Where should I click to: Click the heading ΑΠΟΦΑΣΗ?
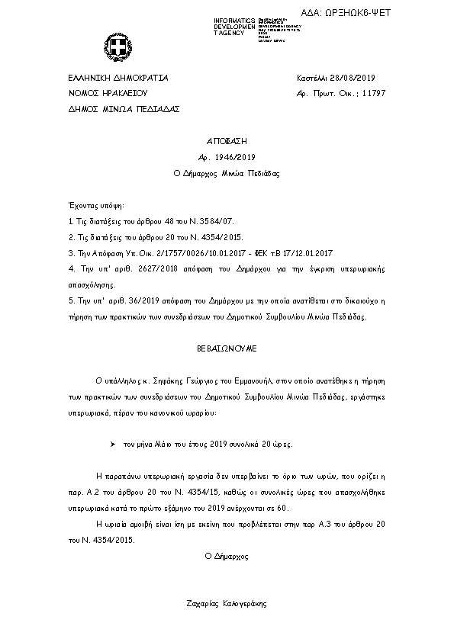tap(227, 142)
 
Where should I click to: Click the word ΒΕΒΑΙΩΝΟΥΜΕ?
tap(227, 348)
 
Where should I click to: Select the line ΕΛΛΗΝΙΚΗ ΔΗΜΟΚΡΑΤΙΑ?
tap(118, 79)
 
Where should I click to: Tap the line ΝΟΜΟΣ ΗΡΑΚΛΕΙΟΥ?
tap(106, 94)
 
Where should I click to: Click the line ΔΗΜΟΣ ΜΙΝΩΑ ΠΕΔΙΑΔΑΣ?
tap(124, 109)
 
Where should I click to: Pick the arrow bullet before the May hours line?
tap(112, 443)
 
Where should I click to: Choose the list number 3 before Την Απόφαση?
tap(70, 252)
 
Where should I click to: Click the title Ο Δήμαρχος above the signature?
tap(227, 557)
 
